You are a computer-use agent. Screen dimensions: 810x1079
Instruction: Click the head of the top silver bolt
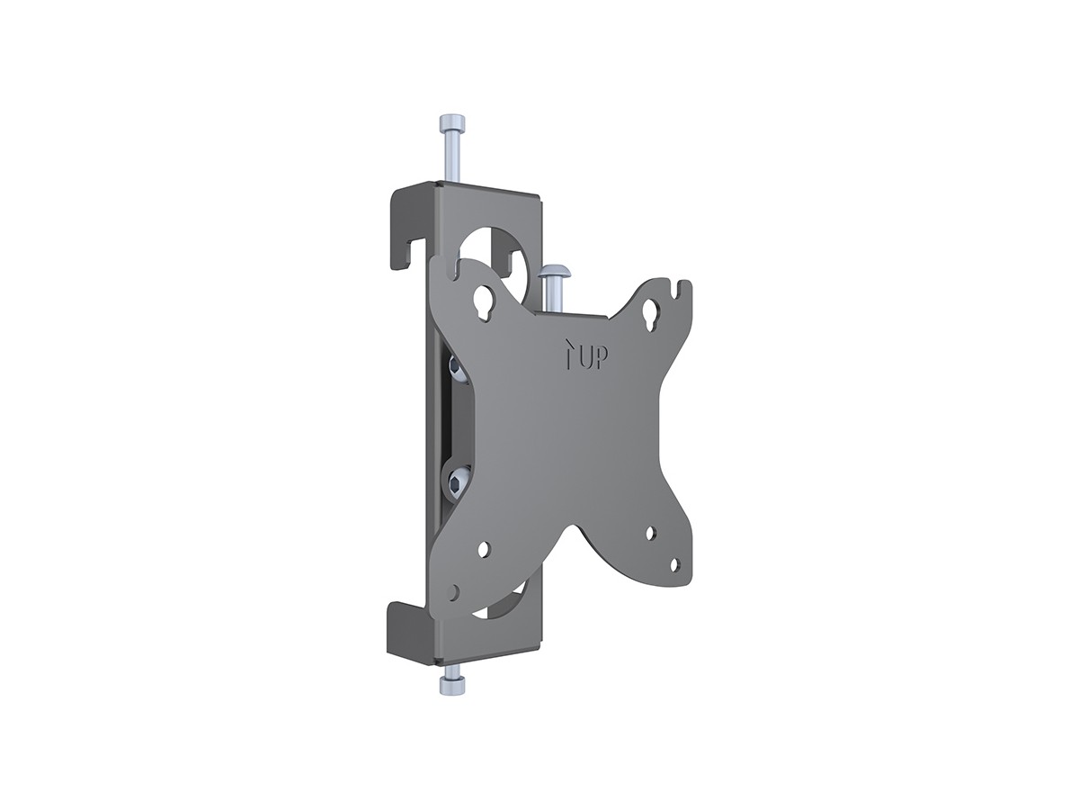pyautogui.click(x=450, y=123)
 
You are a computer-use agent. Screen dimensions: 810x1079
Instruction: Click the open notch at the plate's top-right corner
pyautogui.click(x=681, y=292)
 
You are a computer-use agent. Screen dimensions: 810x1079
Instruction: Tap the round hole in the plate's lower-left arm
pyautogui.click(x=485, y=547)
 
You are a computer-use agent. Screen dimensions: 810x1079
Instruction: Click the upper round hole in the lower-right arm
pyautogui.click(x=652, y=533)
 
